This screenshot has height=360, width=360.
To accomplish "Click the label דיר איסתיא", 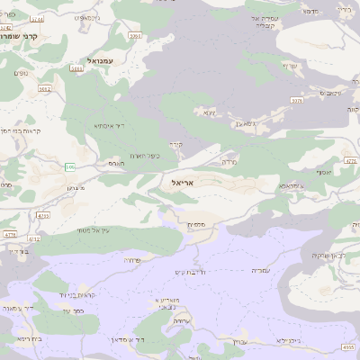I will coord(114,126).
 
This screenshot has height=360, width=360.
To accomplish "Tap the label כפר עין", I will coord(74,311).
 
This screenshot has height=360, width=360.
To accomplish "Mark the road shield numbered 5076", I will coord(296,101).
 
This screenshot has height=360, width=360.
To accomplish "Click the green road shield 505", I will coord(70,166).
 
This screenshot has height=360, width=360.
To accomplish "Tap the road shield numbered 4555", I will coord(349,347).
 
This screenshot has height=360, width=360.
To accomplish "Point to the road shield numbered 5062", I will coord(45,89).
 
